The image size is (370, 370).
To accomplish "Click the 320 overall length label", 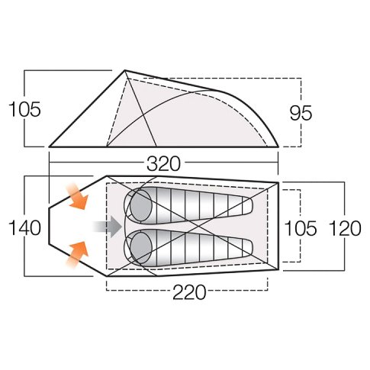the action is tap(163, 163).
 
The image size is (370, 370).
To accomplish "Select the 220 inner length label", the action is tap(189, 292).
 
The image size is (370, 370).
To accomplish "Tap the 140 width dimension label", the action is tap(24, 227).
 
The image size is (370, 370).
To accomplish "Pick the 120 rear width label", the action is tap(345, 228).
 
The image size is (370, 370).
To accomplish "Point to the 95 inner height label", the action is tap(301, 113).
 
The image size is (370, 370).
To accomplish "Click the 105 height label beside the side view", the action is tap(24, 109).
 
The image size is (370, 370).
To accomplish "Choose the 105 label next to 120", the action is tap(301, 228).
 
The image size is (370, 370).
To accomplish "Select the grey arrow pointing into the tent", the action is tap(108, 226).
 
